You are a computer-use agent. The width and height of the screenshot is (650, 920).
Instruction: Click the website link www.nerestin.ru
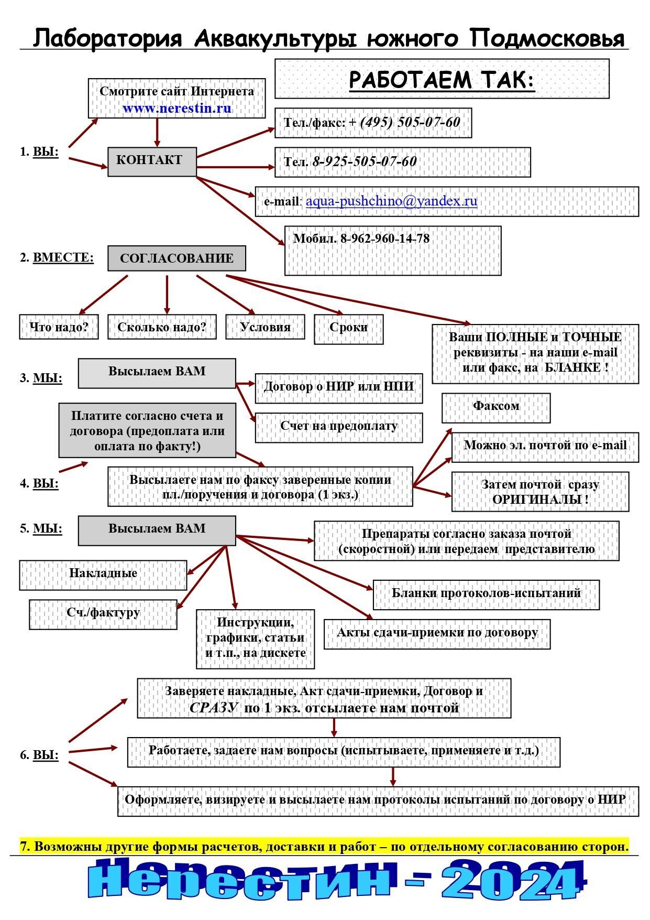tap(177, 109)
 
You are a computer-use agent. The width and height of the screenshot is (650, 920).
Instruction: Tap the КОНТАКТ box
tap(152, 161)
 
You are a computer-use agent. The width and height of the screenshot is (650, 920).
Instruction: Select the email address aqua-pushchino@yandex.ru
tap(391, 201)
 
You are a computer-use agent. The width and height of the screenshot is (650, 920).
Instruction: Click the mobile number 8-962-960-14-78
tap(384, 239)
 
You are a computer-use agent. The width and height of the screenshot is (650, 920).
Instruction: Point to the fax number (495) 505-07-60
tap(410, 122)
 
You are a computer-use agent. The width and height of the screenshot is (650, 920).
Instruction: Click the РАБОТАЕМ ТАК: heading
tap(442, 79)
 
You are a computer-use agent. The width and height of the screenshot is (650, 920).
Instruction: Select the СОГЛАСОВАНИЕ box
tap(177, 258)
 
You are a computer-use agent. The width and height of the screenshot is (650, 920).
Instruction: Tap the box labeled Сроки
tap(348, 328)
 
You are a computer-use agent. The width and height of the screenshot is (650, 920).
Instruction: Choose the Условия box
tap(265, 327)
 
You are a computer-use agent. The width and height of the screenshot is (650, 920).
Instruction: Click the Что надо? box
tap(59, 327)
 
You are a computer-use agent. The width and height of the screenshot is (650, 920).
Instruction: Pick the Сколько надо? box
tap(161, 327)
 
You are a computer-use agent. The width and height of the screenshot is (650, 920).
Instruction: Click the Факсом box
tap(495, 406)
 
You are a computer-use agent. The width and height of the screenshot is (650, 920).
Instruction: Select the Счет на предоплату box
tap(338, 426)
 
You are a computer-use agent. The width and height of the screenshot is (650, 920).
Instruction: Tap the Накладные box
tap(103, 573)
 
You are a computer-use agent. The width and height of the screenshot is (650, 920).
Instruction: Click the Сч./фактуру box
tap(103, 613)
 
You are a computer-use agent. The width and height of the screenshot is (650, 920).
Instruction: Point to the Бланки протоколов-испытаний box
tap(486, 593)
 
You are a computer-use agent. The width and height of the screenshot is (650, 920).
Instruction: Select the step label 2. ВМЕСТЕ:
tap(57, 257)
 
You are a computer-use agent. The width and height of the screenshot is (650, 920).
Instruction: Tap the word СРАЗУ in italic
tap(214, 708)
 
